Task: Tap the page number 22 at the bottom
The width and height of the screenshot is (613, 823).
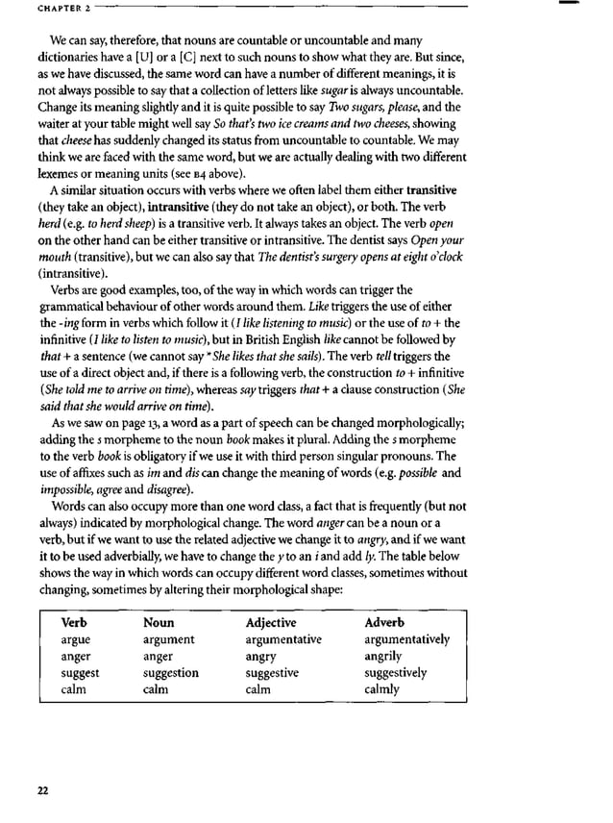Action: [x=42, y=790]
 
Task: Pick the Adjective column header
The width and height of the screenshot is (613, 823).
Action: [x=271, y=622]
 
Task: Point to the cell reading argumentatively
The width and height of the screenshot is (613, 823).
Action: [x=406, y=639]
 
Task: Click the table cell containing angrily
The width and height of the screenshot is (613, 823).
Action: [x=383, y=656]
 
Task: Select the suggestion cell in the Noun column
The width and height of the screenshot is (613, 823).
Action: [x=170, y=673]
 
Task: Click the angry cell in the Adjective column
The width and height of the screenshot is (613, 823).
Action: [x=261, y=656]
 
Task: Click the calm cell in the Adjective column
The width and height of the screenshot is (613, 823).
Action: [x=258, y=689]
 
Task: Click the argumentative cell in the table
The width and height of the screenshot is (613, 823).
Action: [x=283, y=639]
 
